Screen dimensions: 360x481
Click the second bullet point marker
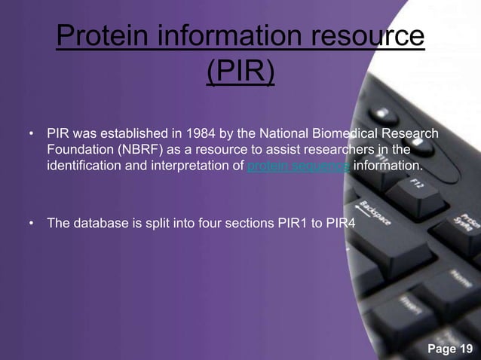[x=31, y=224]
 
